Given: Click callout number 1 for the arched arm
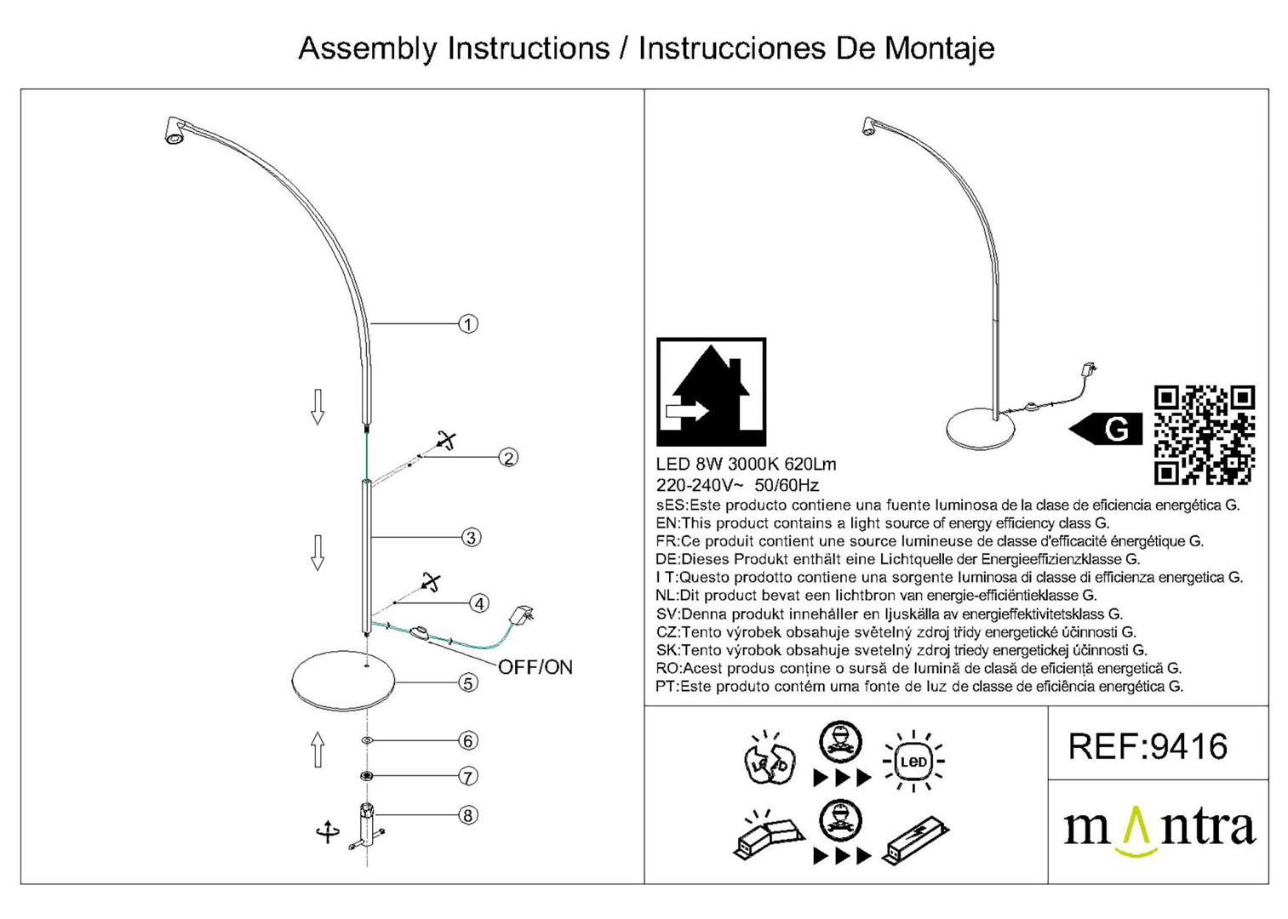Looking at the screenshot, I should [467, 324].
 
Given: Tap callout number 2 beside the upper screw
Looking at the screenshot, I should [508, 458].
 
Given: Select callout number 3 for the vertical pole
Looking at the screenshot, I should [471, 538].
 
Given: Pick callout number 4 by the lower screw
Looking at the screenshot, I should [479, 603].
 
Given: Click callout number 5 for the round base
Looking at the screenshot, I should [467, 682].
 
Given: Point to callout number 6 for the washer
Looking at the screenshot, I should [467, 741].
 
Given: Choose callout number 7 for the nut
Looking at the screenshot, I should [467, 776].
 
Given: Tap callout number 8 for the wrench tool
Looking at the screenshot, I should [467, 815].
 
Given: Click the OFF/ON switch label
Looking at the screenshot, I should [535, 667].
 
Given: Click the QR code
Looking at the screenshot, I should [1204, 435].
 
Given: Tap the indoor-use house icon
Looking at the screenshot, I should [711, 392].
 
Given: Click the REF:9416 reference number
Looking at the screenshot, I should [1148, 747].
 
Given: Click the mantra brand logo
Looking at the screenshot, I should [1159, 829].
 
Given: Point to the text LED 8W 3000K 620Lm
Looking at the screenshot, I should [746, 465].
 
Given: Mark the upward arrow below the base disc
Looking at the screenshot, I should [318, 750].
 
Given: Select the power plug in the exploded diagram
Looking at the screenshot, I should [521, 614].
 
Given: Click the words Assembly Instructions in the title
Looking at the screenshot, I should [453, 49].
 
